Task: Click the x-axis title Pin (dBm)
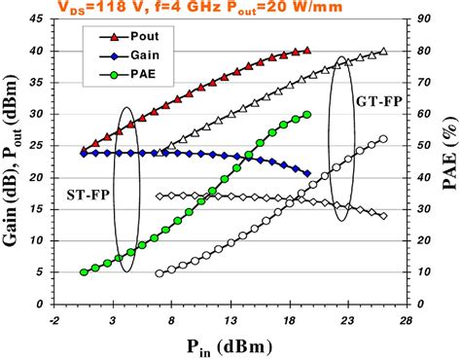pyautogui.click(x=230, y=345)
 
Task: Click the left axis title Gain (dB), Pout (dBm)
pyautogui.click(x=13, y=161)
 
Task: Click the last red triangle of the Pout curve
pyautogui.click(x=307, y=50)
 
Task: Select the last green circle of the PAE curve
pyautogui.click(x=307, y=114)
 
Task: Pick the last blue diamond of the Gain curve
pyautogui.click(x=307, y=173)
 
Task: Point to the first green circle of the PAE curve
pyautogui.click(x=84, y=272)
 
